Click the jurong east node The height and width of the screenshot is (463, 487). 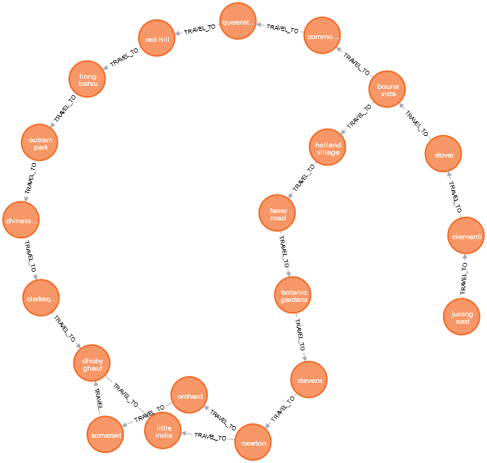coord(462,317)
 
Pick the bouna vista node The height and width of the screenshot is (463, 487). coord(387,90)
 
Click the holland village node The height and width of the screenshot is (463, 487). coord(328,148)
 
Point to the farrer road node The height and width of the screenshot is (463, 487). coord(278,213)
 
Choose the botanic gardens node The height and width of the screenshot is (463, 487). coord(294,295)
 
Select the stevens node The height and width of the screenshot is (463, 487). coord(309,378)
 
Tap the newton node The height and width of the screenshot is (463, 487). coord(254,442)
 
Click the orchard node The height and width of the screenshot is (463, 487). coord(189,396)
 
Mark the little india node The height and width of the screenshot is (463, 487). coord(164,431)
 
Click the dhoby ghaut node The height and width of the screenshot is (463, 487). coord(92,363)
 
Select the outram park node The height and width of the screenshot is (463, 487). coord(40,143)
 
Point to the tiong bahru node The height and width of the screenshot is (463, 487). coord(88,80)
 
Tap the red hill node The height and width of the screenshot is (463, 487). coord(157,40)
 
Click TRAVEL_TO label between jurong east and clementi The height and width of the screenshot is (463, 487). coord(464,277)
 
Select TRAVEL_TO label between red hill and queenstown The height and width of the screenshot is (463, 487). coord(200,30)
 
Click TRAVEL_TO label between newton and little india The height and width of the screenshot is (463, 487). coord(211,436)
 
